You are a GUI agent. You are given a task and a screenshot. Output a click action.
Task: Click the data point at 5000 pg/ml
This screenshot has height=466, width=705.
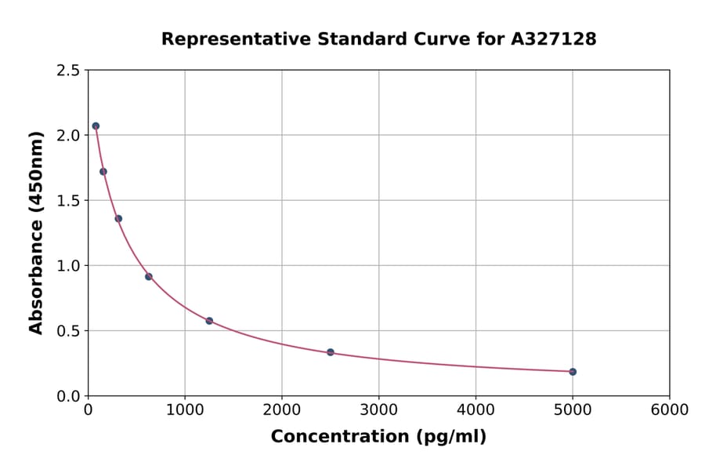point(573,372)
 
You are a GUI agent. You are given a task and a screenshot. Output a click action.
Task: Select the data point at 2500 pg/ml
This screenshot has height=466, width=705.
point(331,352)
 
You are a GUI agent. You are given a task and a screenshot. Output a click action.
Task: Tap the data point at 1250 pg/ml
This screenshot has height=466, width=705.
point(209,321)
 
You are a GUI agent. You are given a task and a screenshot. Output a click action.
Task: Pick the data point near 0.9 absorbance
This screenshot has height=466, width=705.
point(149,276)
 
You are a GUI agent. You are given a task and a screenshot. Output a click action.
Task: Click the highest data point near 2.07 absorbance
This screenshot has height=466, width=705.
point(96,126)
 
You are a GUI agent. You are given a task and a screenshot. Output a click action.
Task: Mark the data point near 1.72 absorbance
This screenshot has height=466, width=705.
point(103,172)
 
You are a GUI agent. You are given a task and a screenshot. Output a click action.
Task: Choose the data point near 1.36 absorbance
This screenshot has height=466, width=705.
point(118,219)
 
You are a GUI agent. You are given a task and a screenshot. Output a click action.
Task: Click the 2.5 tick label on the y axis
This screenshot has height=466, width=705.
point(68,71)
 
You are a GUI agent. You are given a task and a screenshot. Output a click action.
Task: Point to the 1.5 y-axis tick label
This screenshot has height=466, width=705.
point(68,201)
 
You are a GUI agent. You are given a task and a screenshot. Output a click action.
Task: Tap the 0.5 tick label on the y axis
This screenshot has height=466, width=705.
point(68,331)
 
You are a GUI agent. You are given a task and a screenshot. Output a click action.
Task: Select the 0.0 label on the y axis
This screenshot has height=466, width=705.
point(68,396)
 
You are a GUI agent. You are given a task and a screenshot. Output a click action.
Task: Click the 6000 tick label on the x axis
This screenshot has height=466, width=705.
point(669,410)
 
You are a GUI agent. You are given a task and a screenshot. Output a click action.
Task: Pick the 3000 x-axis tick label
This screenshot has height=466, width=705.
point(378,410)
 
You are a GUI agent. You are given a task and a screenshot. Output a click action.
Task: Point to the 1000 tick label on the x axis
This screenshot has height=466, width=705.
point(185,410)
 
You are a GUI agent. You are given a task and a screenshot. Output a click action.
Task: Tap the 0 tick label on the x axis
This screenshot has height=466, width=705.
point(89,410)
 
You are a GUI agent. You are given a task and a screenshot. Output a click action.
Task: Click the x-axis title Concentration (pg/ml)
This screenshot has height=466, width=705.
point(378,437)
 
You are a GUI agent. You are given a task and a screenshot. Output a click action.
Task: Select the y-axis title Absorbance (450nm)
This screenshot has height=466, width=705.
point(36,233)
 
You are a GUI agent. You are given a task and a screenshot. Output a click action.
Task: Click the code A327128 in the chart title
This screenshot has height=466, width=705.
point(554,39)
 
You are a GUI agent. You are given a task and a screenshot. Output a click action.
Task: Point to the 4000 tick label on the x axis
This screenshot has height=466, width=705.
point(475,410)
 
